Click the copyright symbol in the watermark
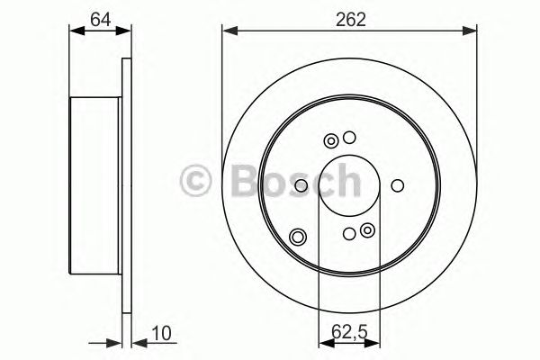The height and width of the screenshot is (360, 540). coord(195,178)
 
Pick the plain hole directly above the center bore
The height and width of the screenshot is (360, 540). coord(349,139)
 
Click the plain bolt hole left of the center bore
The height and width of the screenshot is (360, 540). coord(301,186)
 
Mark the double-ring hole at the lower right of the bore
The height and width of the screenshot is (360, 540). coord(366,232)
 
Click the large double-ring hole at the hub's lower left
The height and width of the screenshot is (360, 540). coord(298,238)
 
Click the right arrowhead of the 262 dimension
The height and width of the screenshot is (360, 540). coord(472,32)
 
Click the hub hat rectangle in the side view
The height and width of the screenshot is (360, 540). coord(95,186)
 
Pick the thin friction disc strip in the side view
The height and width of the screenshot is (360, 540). coord(127,186)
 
